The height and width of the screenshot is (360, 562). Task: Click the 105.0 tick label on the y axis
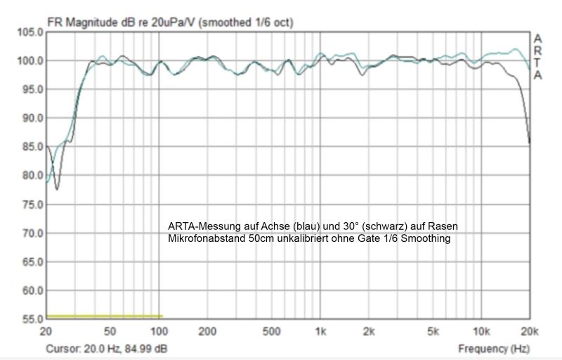tap(30, 32)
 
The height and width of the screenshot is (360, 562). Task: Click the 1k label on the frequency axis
tap(321, 331)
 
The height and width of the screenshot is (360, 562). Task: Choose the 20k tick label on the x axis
tap(528, 331)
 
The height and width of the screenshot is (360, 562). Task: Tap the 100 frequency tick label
tap(159, 331)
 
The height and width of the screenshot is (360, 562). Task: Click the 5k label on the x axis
tap(433, 331)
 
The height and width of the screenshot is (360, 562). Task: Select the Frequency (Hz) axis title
tap(493, 348)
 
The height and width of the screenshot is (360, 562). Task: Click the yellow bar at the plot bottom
tap(104, 316)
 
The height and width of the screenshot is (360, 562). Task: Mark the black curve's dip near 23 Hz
tap(57, 189)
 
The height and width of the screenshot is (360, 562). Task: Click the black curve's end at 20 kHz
tap(529, 143)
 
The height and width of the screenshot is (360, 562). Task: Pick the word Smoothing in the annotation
tap(426, 239)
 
